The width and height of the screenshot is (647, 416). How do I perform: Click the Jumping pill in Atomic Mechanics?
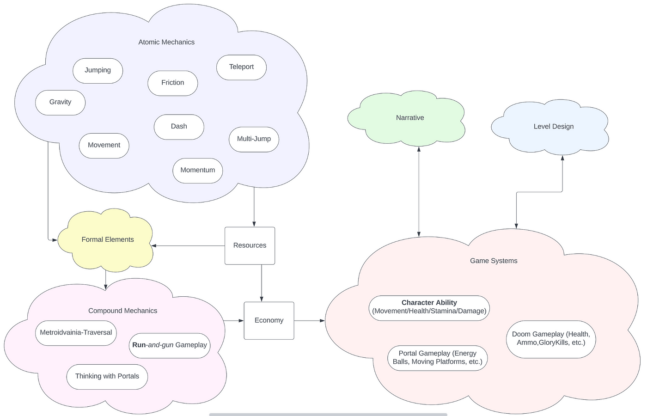click(98, 70)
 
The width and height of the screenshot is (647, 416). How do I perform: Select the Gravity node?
click(60, 102)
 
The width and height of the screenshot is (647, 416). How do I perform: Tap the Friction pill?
click(172, 83)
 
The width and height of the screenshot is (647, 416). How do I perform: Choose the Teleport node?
click(241, 67)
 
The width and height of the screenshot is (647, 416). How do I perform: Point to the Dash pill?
click(179, 127)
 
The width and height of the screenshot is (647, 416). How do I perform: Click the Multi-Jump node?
click(254, 139)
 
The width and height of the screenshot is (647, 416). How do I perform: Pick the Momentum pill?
click(197, 170)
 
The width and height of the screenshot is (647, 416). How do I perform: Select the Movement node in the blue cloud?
click(104, 145)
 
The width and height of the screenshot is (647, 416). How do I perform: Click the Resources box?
click(250, 245)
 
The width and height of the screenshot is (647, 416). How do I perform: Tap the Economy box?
click(269, 320)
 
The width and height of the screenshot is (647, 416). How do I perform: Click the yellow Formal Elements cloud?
click(107, 239)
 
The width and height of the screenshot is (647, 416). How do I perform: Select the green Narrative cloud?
click(409, 118)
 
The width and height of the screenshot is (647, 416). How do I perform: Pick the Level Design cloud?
click(553, 127)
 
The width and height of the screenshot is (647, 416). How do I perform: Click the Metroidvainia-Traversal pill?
click(76, 333)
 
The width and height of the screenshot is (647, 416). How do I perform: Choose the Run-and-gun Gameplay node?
click(170, 345)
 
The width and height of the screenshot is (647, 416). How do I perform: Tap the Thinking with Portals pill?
click(107, 376)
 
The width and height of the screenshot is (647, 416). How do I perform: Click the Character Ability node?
click(429, 307)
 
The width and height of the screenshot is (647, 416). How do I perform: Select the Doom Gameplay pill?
click(551, 339)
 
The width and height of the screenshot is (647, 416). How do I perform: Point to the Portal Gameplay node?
click(437, 358)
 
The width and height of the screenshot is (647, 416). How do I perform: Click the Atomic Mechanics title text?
click(166, 42)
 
